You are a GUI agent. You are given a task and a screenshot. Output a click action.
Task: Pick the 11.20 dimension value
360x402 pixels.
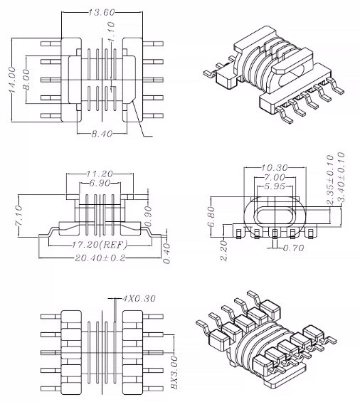(99, 173)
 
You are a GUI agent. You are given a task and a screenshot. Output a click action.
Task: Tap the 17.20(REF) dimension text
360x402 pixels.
(99, 243)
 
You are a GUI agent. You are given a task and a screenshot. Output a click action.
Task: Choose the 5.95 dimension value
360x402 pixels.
(273, 186)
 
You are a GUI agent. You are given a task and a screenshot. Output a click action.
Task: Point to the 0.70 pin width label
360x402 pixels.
(294, 248)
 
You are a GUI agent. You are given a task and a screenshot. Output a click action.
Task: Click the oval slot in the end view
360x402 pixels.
(274, 216)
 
